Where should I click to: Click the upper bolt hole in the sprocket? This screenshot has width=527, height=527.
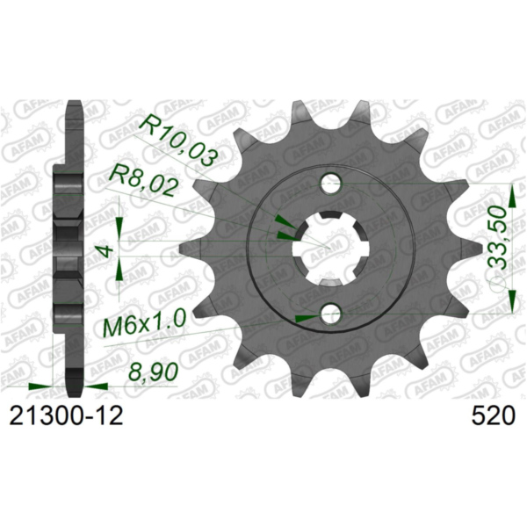[330, 184]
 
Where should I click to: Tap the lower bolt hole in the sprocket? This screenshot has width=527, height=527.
[330, 314]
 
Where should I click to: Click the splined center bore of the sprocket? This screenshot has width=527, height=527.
[329, 249]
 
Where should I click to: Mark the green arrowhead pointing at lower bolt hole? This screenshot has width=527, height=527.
[304, 316]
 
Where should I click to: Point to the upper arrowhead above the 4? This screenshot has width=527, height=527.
[120, 208]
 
